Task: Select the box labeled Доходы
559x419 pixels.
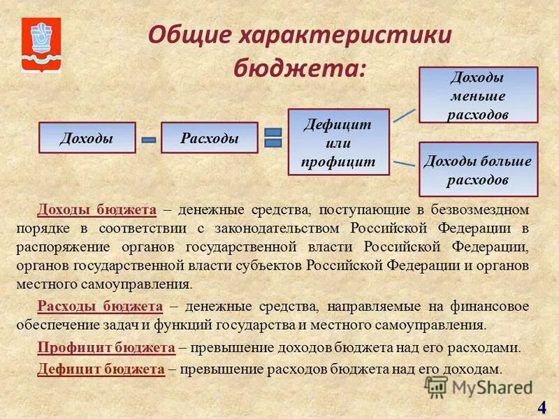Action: [87, 138]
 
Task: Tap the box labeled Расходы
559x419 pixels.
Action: [210, 138]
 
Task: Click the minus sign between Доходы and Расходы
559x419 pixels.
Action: [149, 140]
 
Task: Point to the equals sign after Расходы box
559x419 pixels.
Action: [273, 138]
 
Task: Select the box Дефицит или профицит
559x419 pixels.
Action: [338, 142]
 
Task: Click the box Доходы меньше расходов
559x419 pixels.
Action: [478, 96]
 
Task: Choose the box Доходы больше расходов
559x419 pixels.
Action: [478, 169]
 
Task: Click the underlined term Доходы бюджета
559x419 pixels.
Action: [96, 209]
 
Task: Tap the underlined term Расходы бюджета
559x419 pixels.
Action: [100, 306]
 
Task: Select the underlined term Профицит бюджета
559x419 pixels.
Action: [106, 346]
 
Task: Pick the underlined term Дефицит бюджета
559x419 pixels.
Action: [101, 369]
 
